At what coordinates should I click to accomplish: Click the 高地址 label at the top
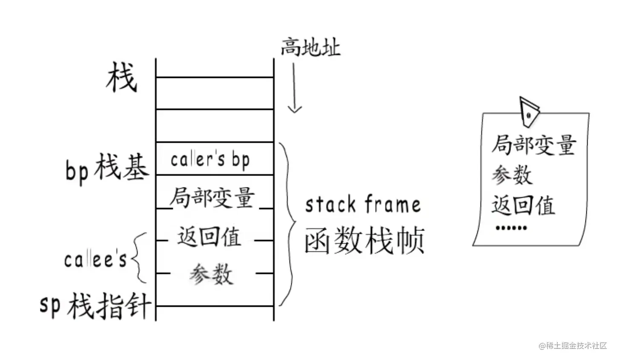coord(310,47)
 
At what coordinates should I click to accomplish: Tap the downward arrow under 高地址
coord(294,89)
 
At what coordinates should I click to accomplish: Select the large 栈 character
coord(122,78)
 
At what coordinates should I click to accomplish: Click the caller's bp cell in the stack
coord(210,160)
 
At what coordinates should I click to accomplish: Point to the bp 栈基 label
coord(107,168)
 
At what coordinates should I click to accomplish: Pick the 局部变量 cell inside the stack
coord(212,197)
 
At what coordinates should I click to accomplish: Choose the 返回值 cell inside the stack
coord(209,237)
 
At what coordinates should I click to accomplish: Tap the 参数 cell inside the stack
coord(212,274)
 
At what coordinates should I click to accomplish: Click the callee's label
coord(95,259)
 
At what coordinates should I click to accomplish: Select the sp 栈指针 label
coord(95,305)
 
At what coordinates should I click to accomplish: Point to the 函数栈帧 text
coord(364,240)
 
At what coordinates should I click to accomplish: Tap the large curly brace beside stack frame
coord(288,224)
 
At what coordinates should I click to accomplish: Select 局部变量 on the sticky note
coord(534,145)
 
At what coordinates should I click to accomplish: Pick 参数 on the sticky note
coord(512,175)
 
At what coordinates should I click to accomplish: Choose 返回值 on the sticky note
coord(523,205)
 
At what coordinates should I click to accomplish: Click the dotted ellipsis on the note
coord(511,228)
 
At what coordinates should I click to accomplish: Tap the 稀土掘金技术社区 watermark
coord(573,346)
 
